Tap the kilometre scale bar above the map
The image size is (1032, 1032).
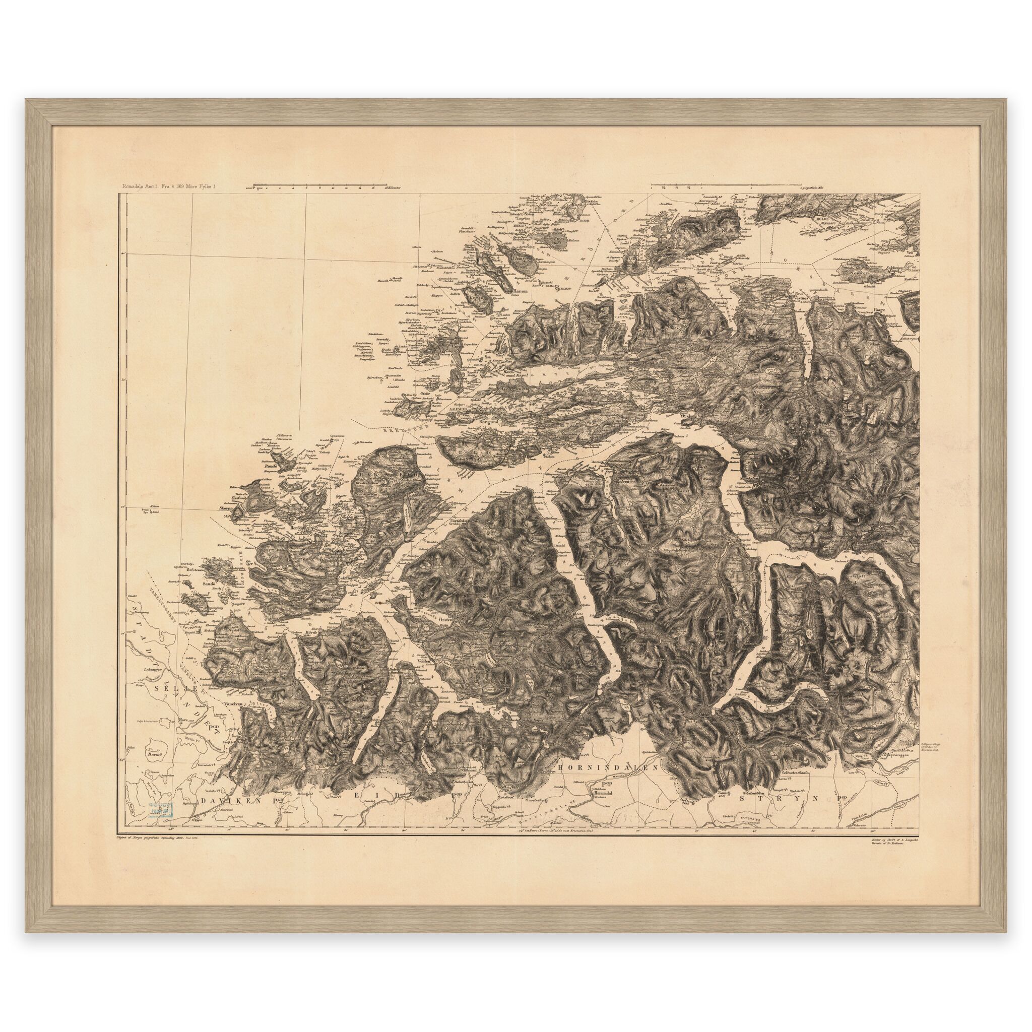pos(320,187)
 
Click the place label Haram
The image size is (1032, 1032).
pos(520,291)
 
